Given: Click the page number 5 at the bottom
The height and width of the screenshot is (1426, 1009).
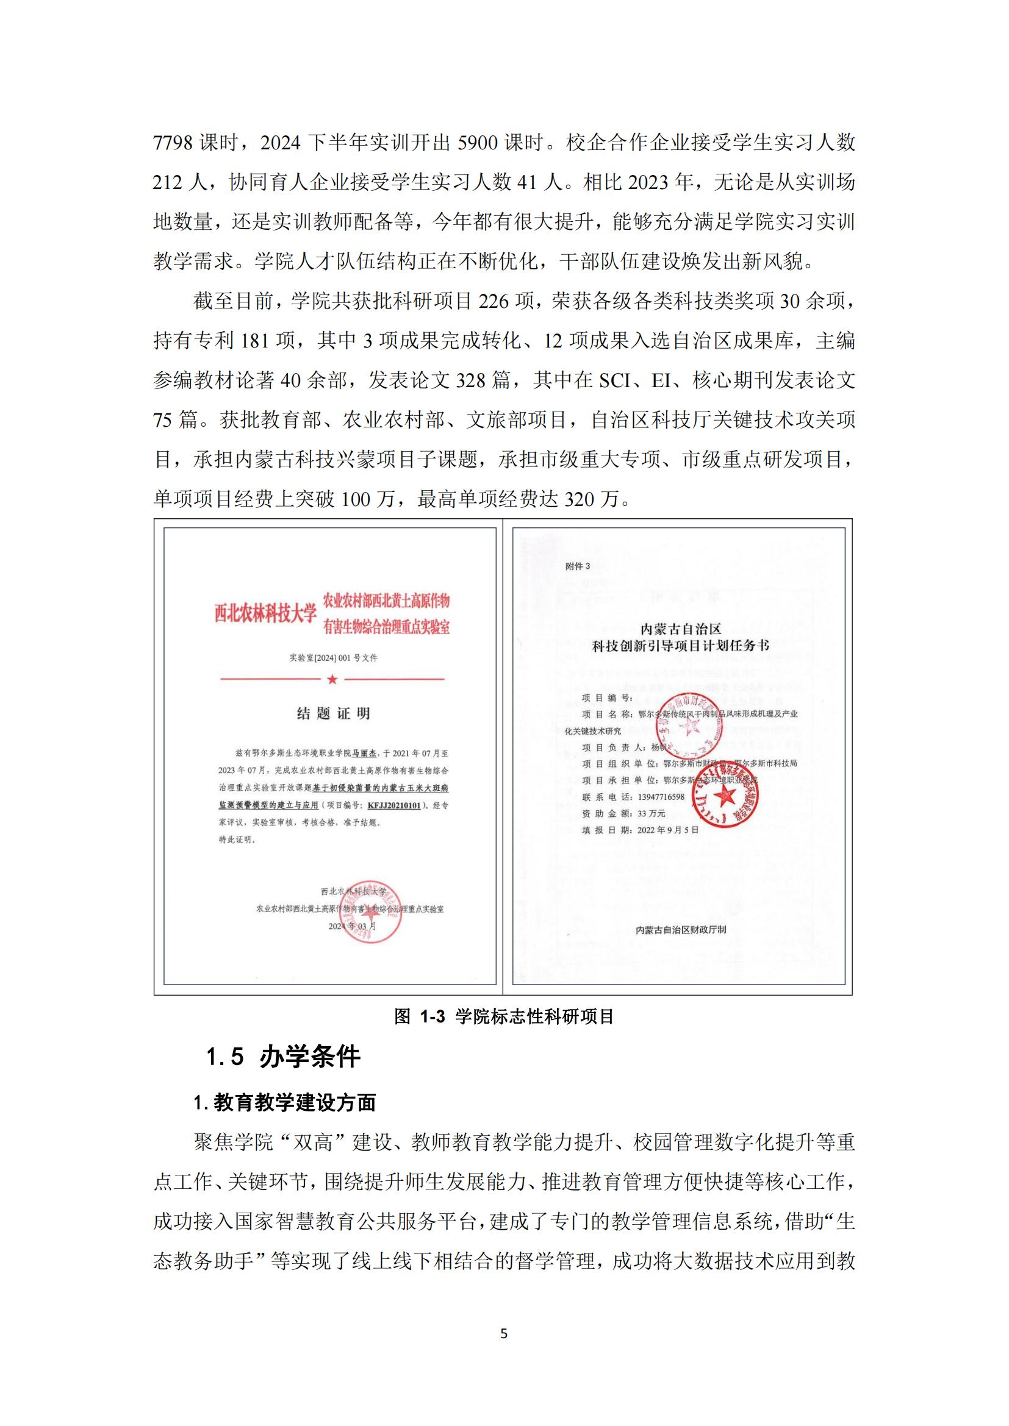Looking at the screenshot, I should click(x=504, y=1333).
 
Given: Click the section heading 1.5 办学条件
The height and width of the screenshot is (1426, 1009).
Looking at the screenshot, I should click(x=283, y=1057).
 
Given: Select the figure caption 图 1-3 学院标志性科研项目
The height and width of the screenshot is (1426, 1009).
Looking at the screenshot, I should click(x=504, y=1016).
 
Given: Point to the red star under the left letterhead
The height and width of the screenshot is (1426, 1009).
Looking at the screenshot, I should click(x=332, y=679).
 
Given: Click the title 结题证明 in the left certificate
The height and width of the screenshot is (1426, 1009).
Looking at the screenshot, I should click(x=333, y=714).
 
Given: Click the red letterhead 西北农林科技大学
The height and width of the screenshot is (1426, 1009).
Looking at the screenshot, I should click(x=265, y=614).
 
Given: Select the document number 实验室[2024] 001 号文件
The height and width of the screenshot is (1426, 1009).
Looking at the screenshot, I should click(x=333, y=658).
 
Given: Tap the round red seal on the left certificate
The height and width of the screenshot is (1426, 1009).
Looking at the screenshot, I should click(x=371, y=914).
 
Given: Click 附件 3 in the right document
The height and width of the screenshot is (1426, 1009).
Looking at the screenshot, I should click(x=577, y=566).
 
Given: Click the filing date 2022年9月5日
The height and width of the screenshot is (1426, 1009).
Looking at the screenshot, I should click(x=668, y=830).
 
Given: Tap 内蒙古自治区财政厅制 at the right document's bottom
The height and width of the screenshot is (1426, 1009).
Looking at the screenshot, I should click(x=681, y=930).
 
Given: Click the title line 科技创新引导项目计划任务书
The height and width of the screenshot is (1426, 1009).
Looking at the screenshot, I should click(x=680, y=646).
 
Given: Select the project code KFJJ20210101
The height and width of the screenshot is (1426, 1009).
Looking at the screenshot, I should click(x=394, y=805).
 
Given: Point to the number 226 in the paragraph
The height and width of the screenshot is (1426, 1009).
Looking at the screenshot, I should click(x=494, y=302).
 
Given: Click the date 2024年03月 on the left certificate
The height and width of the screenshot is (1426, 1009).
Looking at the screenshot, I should click(x=352, y=926).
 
